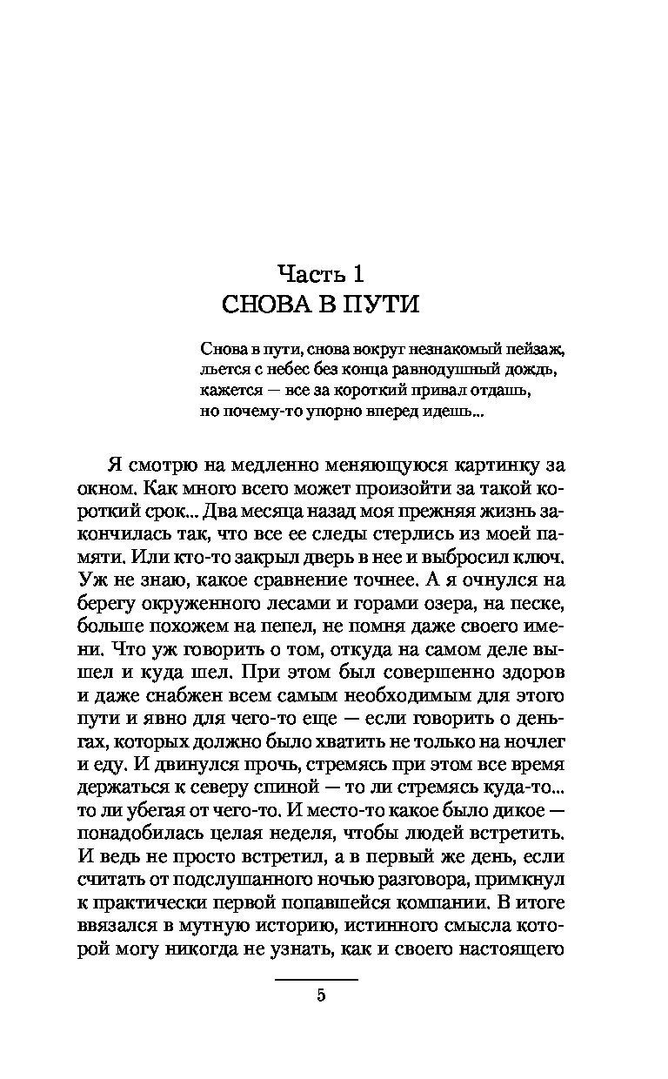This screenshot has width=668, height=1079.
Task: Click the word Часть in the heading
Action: click(x=309, y=273)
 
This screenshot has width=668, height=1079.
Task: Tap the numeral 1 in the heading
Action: click(x=357, y=273)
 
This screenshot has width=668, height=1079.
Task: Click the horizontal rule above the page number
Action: click(x=317, y=980)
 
